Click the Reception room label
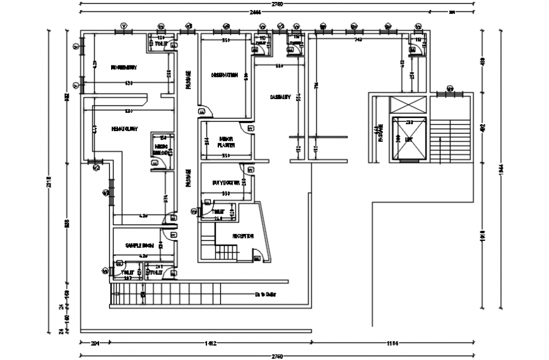click(x=243, y=236)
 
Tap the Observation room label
click(x=225, y=74)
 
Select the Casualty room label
click(x=280, y=97)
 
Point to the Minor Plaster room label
click(x=226, y=141)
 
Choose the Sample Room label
click(x=140, y=245)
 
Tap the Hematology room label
click(x=125, y=129)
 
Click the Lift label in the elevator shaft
click(x=409, y=140)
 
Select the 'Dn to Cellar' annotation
click(x=266, y=294)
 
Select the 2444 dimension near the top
click(x=255, y=12)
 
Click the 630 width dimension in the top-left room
click(x=128, y=83)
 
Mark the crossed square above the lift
click(x=410, y=105)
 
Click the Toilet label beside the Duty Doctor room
click(x=218, y=211)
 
